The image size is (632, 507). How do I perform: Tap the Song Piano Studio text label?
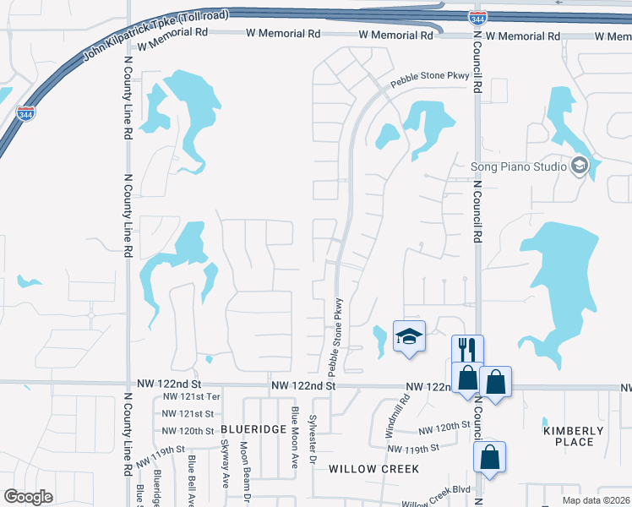(518, 166)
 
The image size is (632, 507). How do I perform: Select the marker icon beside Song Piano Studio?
(580, 166)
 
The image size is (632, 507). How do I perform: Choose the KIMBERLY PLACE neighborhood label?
(574, 436)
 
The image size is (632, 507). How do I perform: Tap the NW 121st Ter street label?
(191, 396)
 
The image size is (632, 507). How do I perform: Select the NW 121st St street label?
(188, 413)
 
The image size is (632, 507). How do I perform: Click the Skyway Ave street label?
(225, 464)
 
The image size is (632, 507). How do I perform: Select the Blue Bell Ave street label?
(193, 481)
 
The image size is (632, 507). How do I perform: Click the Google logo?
(28, 497)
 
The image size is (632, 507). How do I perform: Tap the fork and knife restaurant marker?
(467, 348)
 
